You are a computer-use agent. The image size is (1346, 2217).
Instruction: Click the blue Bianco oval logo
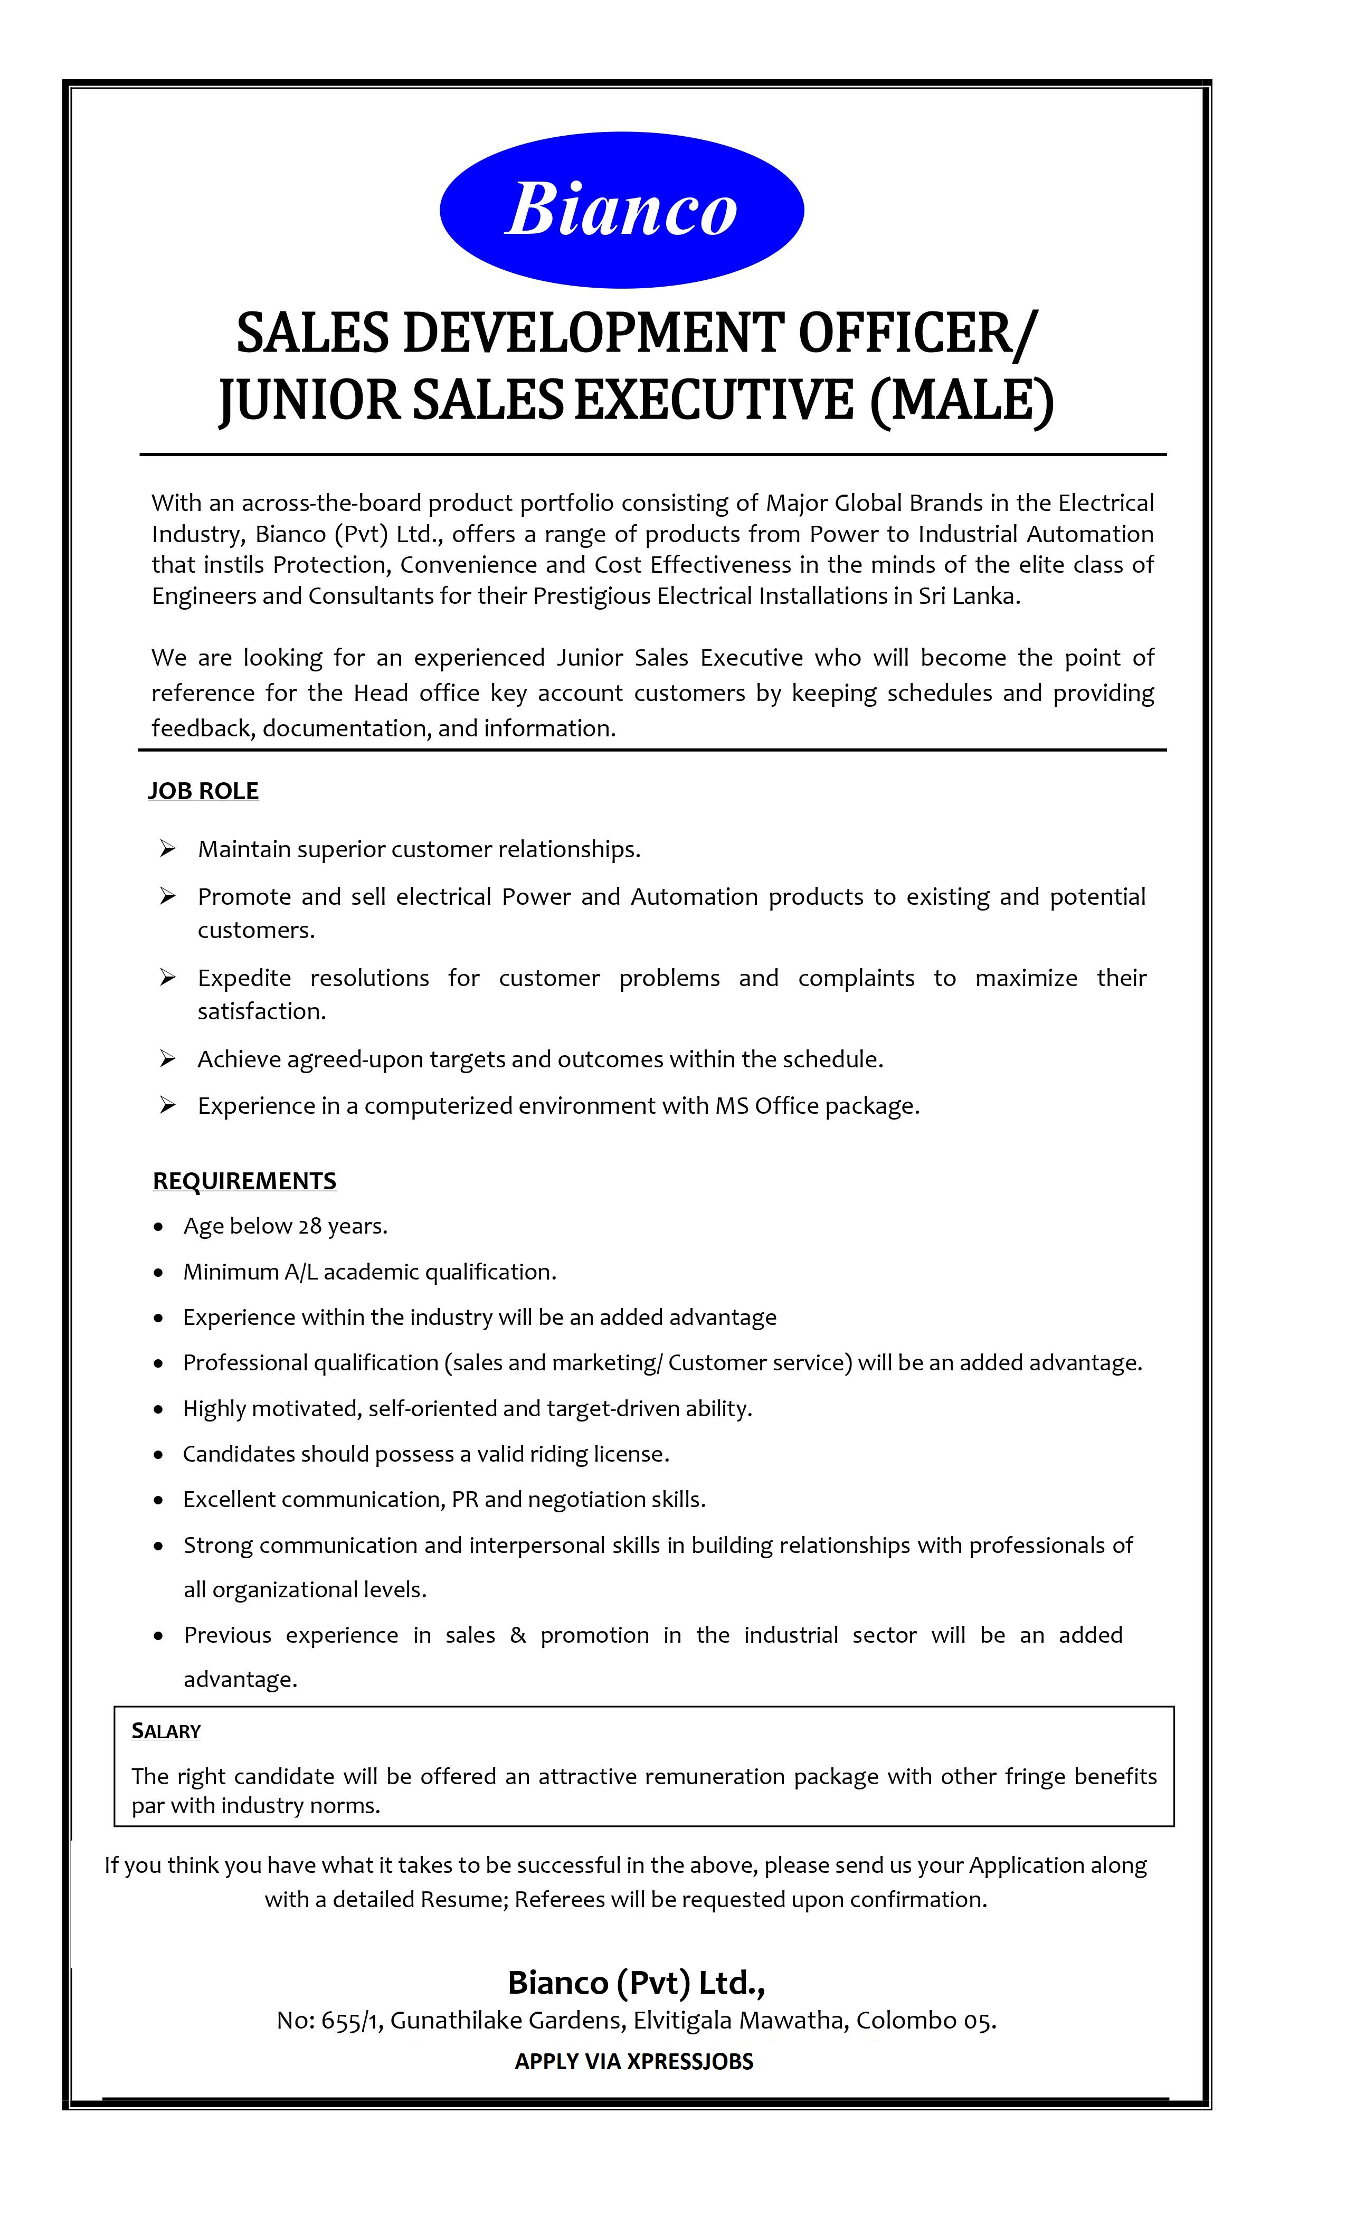(x=621, y=210)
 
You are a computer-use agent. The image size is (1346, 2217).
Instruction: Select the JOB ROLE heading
(x=203, y=791)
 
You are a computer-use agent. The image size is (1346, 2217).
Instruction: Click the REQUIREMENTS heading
(x=244, y=1180)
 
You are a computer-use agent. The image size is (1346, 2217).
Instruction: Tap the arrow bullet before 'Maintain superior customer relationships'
(x=167, y=848)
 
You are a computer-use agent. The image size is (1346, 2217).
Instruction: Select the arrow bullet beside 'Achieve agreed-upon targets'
(x=167, y=1059)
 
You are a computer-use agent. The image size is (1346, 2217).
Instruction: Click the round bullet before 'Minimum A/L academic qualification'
(x=159, y=1272)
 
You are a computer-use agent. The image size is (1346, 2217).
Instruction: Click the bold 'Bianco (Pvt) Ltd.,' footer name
(x=636, y=1981)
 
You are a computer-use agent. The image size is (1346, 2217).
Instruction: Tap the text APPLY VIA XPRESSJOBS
(x=633, y=2061)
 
